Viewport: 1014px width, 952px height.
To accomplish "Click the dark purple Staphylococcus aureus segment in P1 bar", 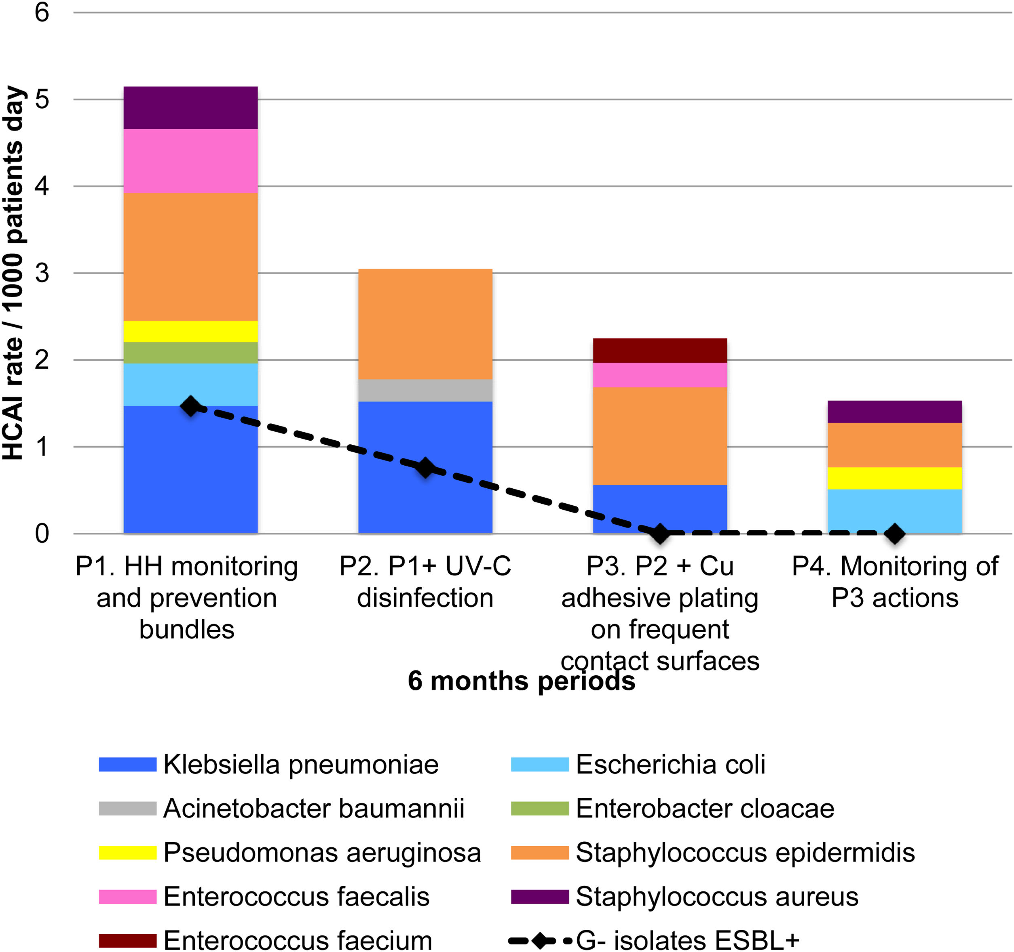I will [x=190, y=107].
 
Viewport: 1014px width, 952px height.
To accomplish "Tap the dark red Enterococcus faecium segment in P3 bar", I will [x=659, y=350].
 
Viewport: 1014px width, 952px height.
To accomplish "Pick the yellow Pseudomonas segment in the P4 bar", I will [x=894, y=478].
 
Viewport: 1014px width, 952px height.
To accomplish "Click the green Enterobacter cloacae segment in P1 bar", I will [x=190, y=352].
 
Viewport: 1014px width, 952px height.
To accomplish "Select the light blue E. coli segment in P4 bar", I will [x=894, y=511].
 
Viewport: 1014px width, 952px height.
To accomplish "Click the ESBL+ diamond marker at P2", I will [x=425, y=467].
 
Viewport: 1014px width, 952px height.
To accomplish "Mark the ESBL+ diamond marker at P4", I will [x=894, y=534].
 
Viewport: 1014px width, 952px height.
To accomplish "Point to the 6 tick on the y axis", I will [x=42, y=12].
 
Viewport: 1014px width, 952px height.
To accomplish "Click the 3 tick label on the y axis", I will [x=42, y=273].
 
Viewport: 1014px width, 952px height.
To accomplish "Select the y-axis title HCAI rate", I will [x=13, y=273].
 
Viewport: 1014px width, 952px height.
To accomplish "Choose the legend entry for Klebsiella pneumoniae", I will [x=300, y=765].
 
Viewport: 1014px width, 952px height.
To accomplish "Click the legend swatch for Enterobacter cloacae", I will [x=540, y=809].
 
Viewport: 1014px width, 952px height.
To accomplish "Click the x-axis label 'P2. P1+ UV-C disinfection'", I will [x=425, y=582].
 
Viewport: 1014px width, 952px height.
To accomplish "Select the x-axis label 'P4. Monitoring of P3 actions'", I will [x=894, y=582].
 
